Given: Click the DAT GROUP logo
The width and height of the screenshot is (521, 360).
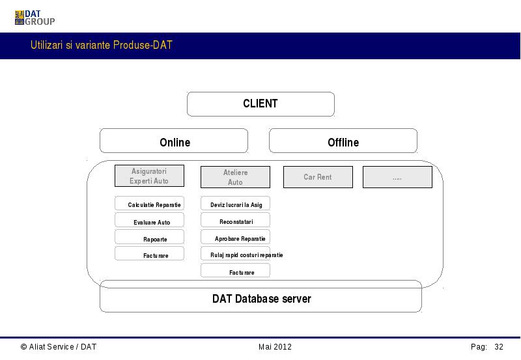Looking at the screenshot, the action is click(35, 18).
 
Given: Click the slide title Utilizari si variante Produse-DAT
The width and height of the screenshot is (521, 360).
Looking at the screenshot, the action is click(102, 45).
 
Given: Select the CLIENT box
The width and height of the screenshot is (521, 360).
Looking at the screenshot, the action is click(261, 104).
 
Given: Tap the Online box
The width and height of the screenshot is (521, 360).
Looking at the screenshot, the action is click(174, 141).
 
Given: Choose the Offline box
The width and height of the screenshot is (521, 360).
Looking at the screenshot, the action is click(343, 141).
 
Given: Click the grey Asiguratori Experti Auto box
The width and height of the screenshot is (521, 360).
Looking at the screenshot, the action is click(149, 176).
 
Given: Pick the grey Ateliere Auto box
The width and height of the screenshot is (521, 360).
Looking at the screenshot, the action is click(235, 177).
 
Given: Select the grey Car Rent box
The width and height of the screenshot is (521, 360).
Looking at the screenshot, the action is click(318, 177).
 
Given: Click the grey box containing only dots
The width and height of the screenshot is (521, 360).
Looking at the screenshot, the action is click(397, 177).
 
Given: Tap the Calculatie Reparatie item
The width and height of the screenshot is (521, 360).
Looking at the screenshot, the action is click(149, 203).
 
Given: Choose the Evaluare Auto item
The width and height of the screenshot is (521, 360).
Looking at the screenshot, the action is click(149, 220).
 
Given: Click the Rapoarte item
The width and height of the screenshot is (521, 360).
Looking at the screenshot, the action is click(149, 237).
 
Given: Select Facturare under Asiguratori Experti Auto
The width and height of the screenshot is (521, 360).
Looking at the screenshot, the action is click(149, 253).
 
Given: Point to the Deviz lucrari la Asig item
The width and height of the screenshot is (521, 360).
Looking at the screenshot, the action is click(235, 203).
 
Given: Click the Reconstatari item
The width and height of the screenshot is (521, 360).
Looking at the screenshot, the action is click(235, 220).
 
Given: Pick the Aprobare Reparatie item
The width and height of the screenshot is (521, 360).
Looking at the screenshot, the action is click(235, 237).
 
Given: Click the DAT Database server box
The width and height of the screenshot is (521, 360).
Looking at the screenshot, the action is click(261, 296).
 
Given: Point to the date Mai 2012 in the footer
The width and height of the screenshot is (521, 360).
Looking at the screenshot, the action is click(275, 347).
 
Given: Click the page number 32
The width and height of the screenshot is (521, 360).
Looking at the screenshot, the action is click(499, 347).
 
